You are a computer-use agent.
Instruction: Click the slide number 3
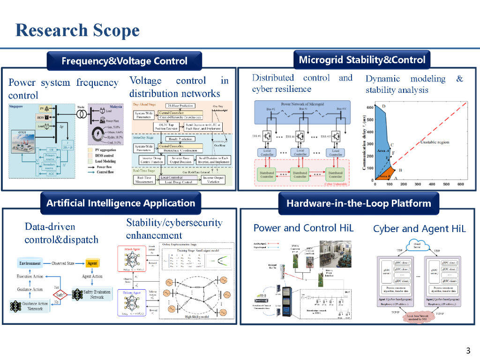click(x=468, y=351)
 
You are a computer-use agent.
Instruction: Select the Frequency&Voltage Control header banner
click(x=124, y=61)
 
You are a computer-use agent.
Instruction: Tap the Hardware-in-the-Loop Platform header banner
click(x=359, y=203)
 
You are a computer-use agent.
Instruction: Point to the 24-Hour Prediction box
click(x=181, y=105)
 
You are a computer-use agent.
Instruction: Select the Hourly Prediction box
click(x=180, y=139)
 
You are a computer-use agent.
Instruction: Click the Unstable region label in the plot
click(x=435, y=142)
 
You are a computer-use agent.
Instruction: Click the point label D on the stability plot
click(x=383, y=106)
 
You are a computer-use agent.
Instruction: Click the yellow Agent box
click(x=92, y=263)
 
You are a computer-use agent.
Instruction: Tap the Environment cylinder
click(x=30, y=263)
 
